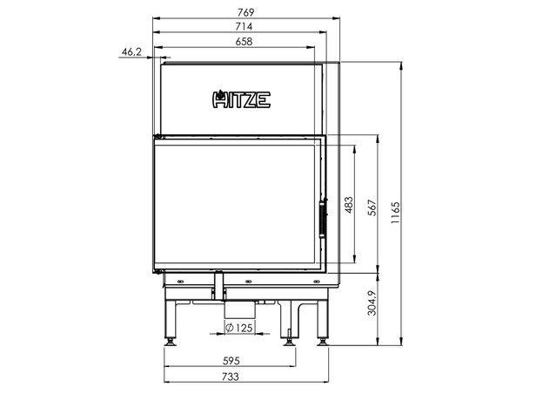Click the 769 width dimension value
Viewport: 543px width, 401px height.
246,12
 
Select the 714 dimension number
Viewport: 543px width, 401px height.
244,26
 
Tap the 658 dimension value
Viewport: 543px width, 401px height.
244,42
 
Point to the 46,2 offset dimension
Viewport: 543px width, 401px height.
131,52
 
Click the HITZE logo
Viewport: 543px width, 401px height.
241,99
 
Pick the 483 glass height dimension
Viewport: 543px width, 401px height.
349,205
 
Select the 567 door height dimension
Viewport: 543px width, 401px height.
372,207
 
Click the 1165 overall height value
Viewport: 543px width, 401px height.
395,213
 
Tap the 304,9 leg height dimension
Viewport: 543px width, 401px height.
372,302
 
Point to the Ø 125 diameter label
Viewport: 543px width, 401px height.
239,328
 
